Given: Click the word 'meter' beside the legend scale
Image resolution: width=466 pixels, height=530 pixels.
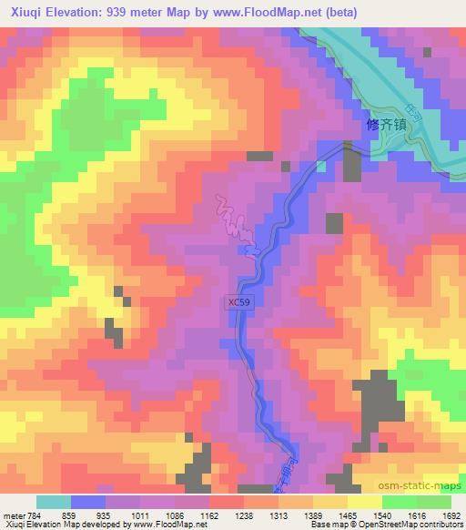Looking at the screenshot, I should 11,515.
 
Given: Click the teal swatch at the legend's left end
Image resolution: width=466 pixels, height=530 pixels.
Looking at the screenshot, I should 54,502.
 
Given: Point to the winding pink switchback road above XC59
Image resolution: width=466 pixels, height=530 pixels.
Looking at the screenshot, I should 235,225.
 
